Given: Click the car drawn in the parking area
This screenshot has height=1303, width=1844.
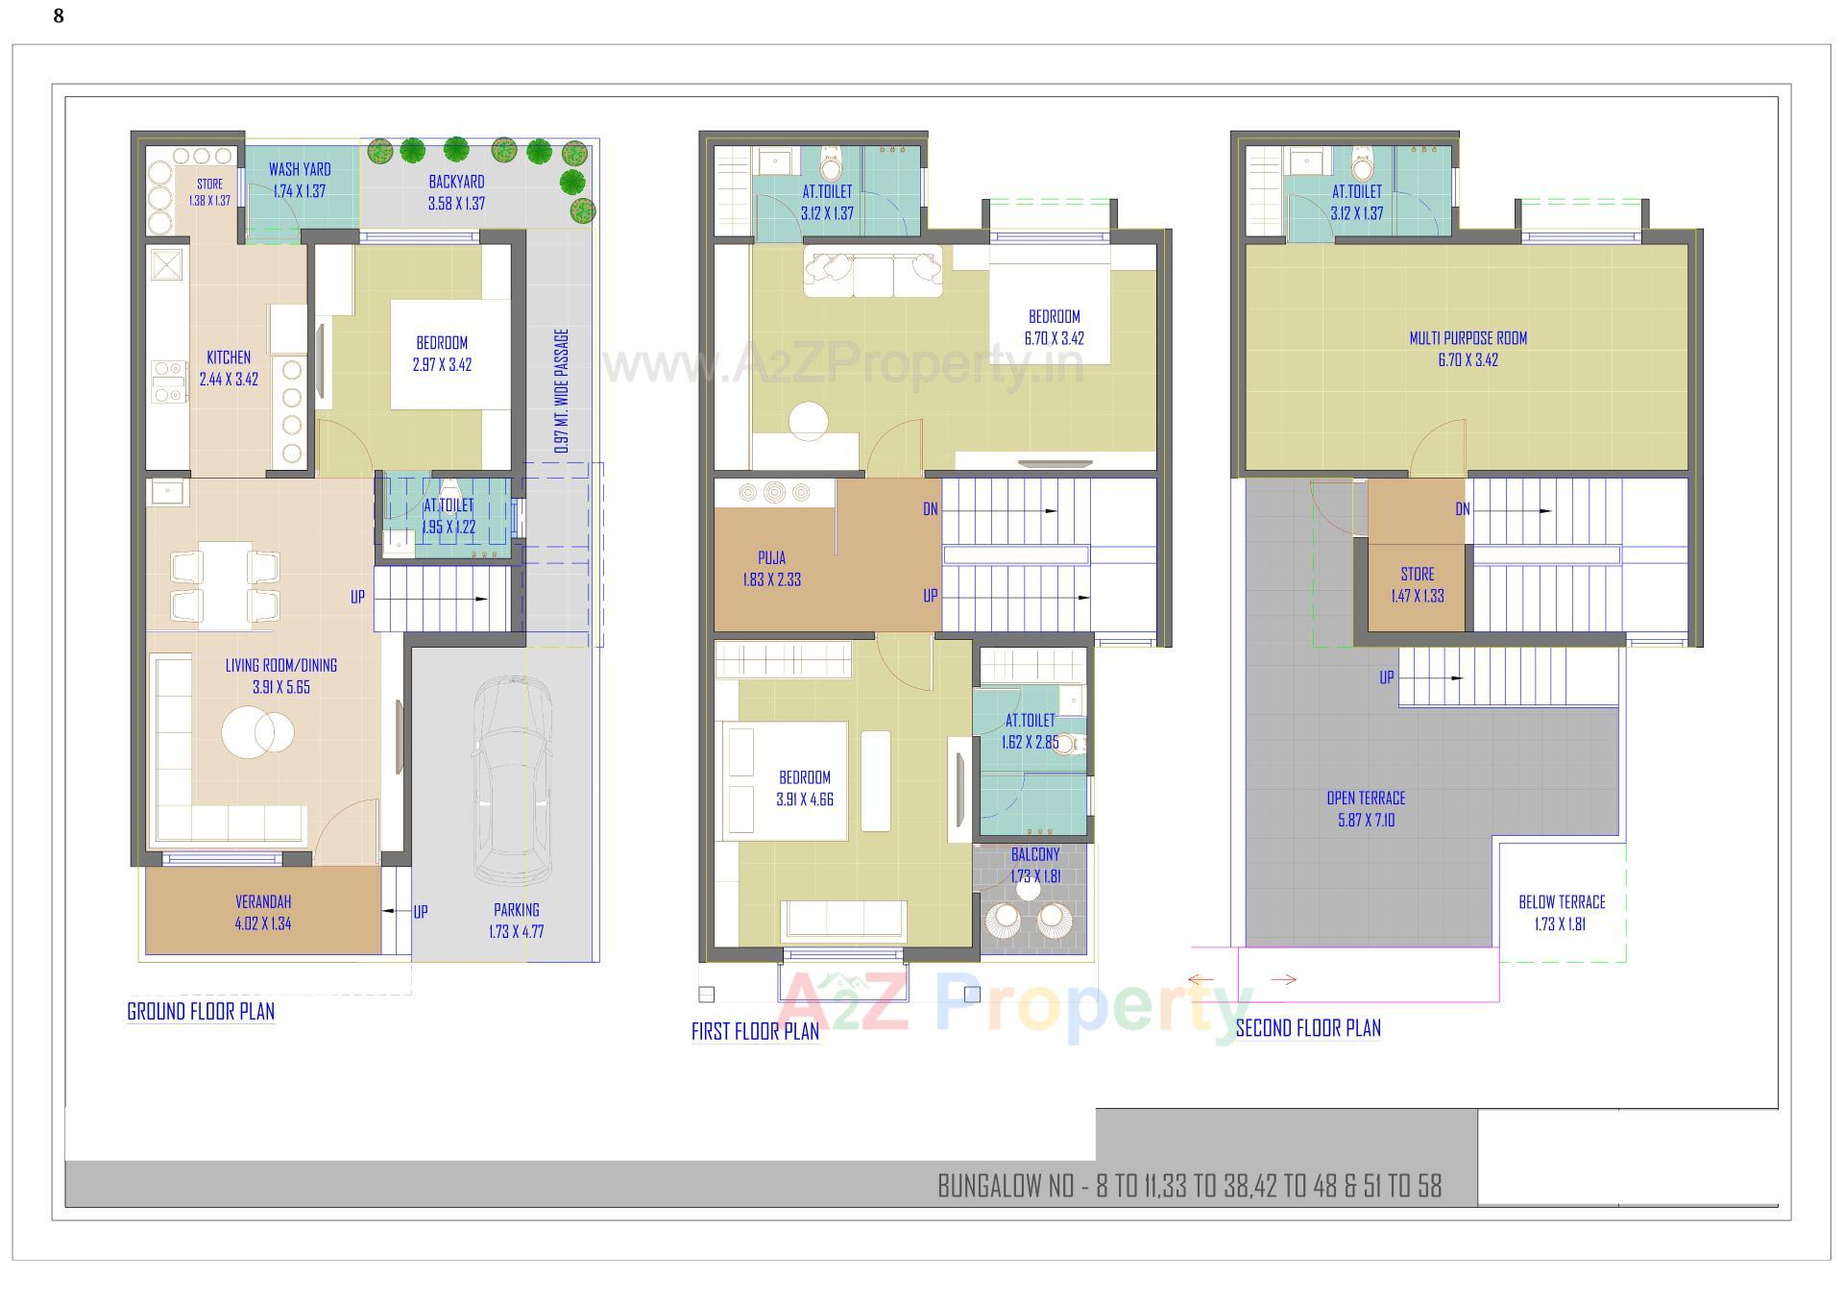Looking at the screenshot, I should point(512,780).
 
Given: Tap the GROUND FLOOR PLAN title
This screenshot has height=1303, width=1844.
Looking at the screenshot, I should point(201,1011).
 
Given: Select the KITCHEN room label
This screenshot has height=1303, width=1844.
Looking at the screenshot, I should point(229,357).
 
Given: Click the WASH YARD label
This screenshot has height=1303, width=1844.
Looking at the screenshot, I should point(300,170).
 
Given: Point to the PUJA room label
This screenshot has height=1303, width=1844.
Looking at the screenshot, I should point(771,557).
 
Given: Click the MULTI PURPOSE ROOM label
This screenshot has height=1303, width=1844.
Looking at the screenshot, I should point(1468,338).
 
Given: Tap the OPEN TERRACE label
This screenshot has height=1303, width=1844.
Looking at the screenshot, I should point(1366,799).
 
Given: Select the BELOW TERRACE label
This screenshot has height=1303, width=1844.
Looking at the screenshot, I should point(1562,902).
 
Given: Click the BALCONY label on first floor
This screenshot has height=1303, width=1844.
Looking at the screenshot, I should point(1035,854).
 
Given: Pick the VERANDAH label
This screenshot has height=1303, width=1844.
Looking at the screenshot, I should point(263,902).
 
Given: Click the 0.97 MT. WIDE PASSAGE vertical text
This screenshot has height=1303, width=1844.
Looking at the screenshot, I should point(562,391).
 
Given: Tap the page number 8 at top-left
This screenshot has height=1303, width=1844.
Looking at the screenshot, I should point(59,16).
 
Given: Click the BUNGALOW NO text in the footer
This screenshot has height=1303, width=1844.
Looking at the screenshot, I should point(1189,1187).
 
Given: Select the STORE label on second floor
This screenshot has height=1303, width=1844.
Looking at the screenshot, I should point(1417,574).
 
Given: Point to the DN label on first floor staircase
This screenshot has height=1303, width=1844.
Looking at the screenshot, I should point(930,509).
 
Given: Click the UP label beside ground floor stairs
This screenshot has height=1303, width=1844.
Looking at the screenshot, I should point(357,597).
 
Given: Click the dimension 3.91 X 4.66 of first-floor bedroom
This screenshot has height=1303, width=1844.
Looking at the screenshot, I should point(805,799).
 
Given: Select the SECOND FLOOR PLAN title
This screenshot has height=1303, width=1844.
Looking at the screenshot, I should point(1307,1028).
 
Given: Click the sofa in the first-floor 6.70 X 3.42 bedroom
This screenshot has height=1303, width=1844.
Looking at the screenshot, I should point(872,272).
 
